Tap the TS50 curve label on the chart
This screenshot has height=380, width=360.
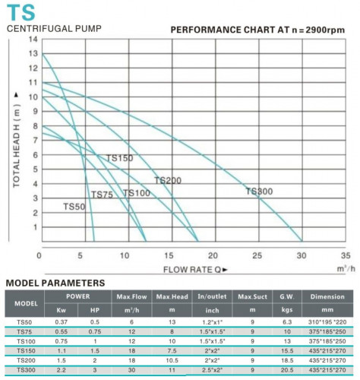point(74,207)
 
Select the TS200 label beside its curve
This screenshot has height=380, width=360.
point(168,180)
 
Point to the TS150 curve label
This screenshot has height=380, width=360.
point(119,157)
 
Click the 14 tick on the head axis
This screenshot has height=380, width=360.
point(33,39)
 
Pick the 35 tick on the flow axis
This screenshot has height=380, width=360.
point(346,256)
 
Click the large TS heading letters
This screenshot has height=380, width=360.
point(21,12)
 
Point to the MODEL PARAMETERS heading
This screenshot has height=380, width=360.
point(55,283)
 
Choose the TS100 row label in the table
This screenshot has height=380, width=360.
point(24,342)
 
